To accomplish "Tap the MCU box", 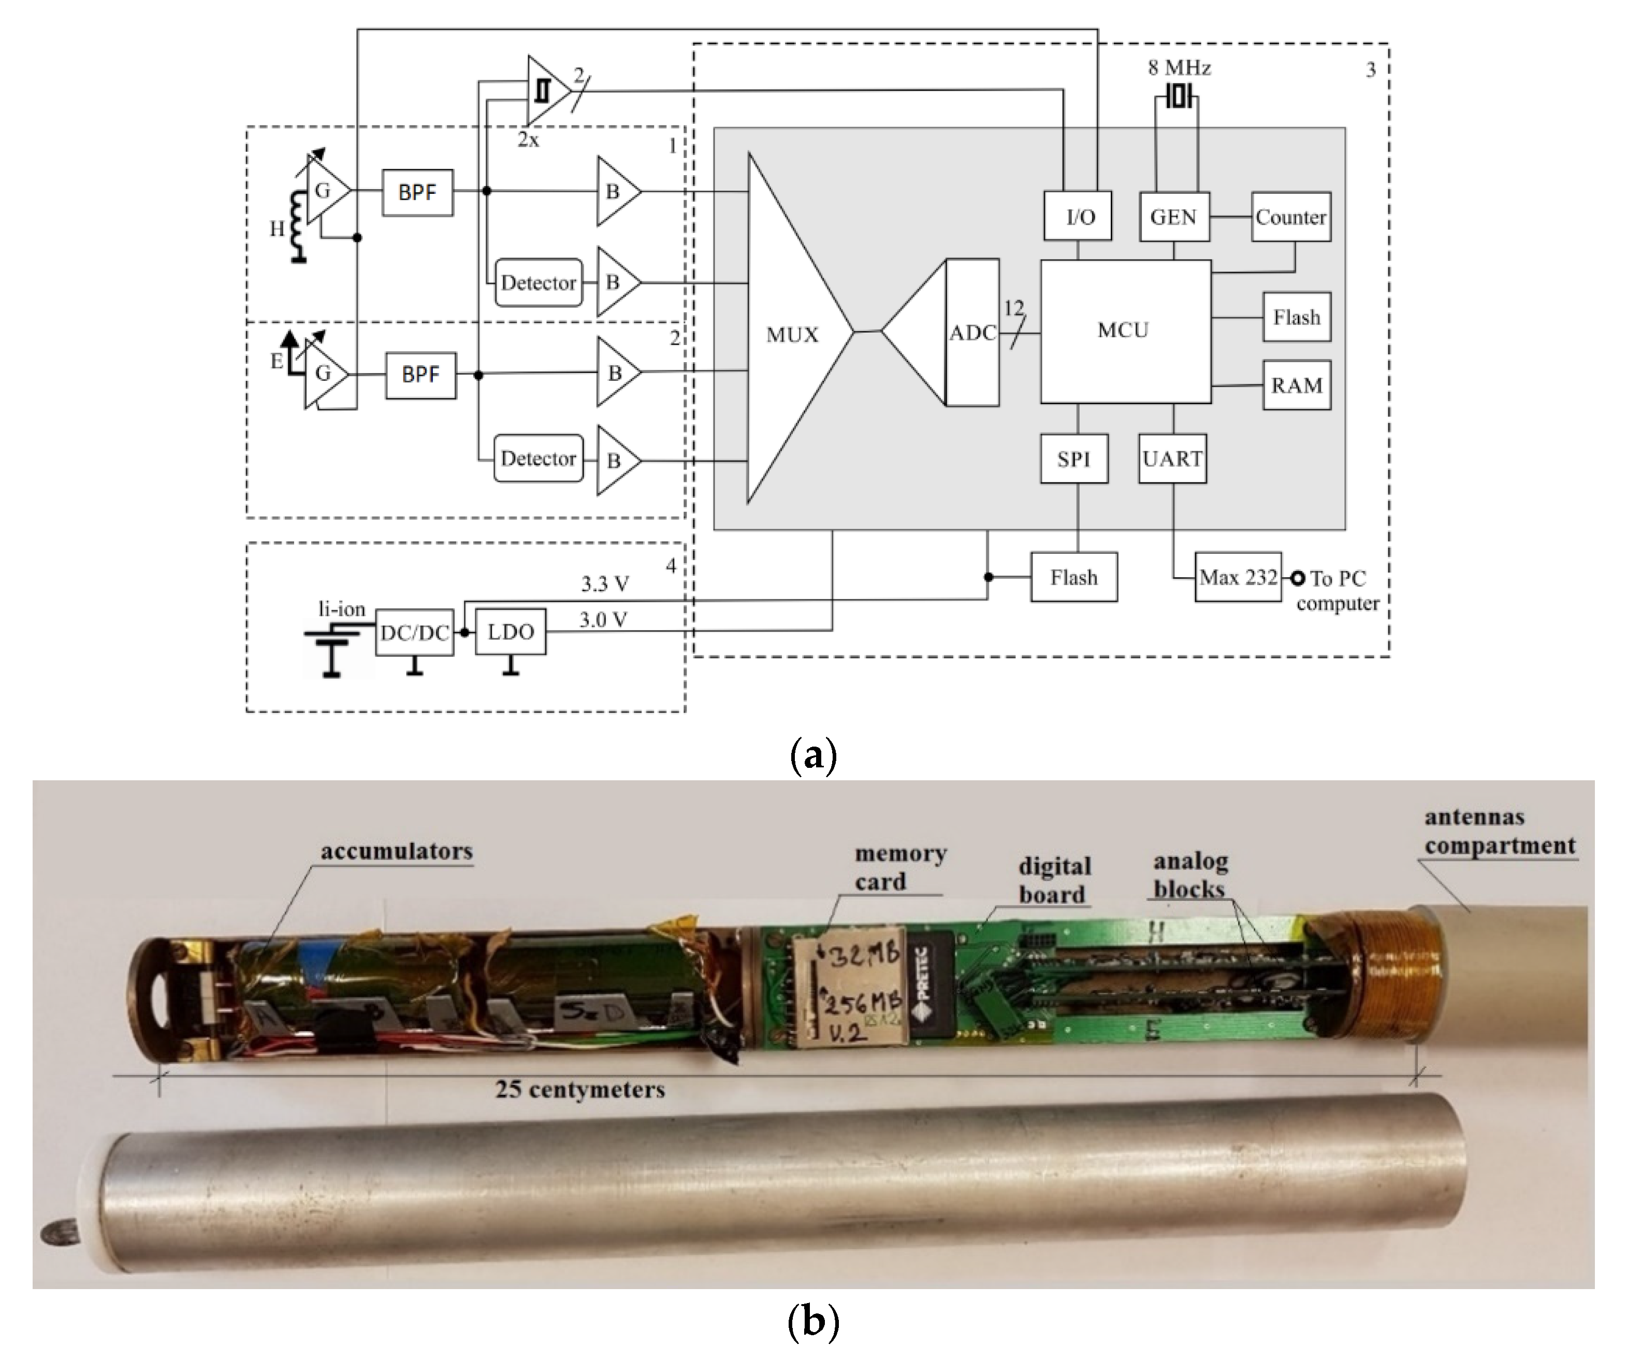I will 1125,331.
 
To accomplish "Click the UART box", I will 1172,459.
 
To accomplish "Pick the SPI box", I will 1074,459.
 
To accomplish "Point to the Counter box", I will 1291,217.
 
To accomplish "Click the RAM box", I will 1296,385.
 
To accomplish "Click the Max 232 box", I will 1238,578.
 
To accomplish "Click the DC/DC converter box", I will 414,633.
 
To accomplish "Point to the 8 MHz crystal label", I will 1179,68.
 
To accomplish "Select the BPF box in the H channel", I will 417,192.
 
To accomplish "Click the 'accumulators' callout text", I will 397,852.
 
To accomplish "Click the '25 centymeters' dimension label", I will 579,1090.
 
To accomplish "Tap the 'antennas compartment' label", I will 1499,832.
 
